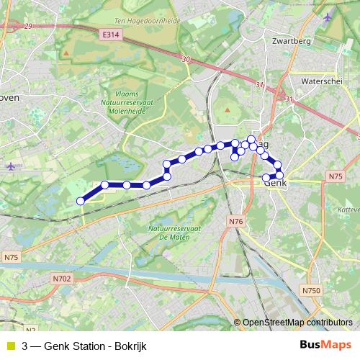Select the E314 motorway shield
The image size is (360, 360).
[x=111, y=35]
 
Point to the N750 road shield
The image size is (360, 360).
[x=310, y=290]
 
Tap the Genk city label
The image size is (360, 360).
[x=276, y=184]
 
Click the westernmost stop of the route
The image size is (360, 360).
[x=80, y=202]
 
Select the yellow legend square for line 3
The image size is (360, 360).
[x=9, y=346]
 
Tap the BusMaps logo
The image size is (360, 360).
[x=321, y=345]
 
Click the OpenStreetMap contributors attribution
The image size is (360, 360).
[x=297, y=323]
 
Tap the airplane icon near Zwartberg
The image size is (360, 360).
[x=328, y=17]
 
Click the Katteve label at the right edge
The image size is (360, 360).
[x=347, y=209]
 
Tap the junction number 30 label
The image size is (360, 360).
[x=186, y=59]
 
